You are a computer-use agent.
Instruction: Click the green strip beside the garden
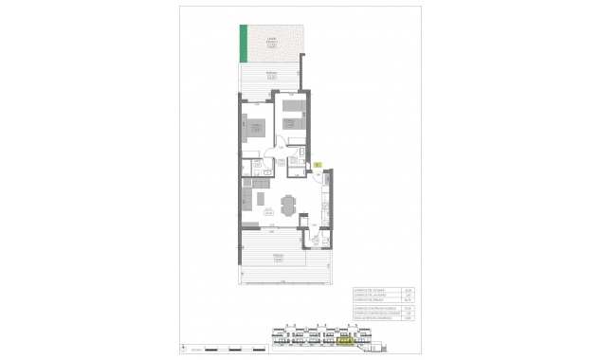pyautogui.click(x=242, y=43)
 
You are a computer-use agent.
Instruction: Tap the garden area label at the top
pyautogui.click(x=271, y=42)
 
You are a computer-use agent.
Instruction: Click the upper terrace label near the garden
pyautogui.click(x=271, y=73)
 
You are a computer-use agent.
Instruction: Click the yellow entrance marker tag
pyautogui.click(x=319, y=165)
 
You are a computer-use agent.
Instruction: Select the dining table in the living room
pyautogui.click(x=287, y=204)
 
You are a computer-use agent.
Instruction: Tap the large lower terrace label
pyautogui.click(x=278, y=257)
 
